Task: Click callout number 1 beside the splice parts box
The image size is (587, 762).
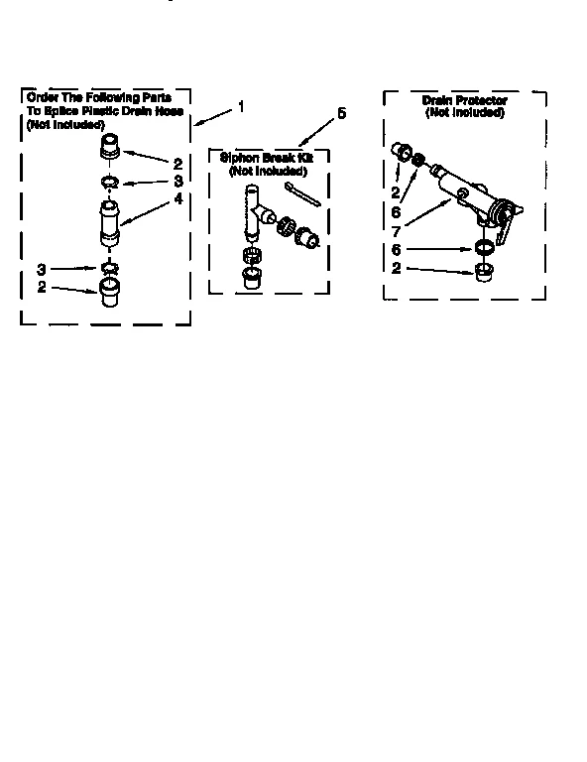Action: (241, 104)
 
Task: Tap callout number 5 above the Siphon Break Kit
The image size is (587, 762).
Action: (341, 113)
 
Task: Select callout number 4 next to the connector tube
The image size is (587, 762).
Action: (178, 197)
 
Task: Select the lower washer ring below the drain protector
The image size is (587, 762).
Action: (485, 248)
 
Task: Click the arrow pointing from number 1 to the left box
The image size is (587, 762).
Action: (214, 115)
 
